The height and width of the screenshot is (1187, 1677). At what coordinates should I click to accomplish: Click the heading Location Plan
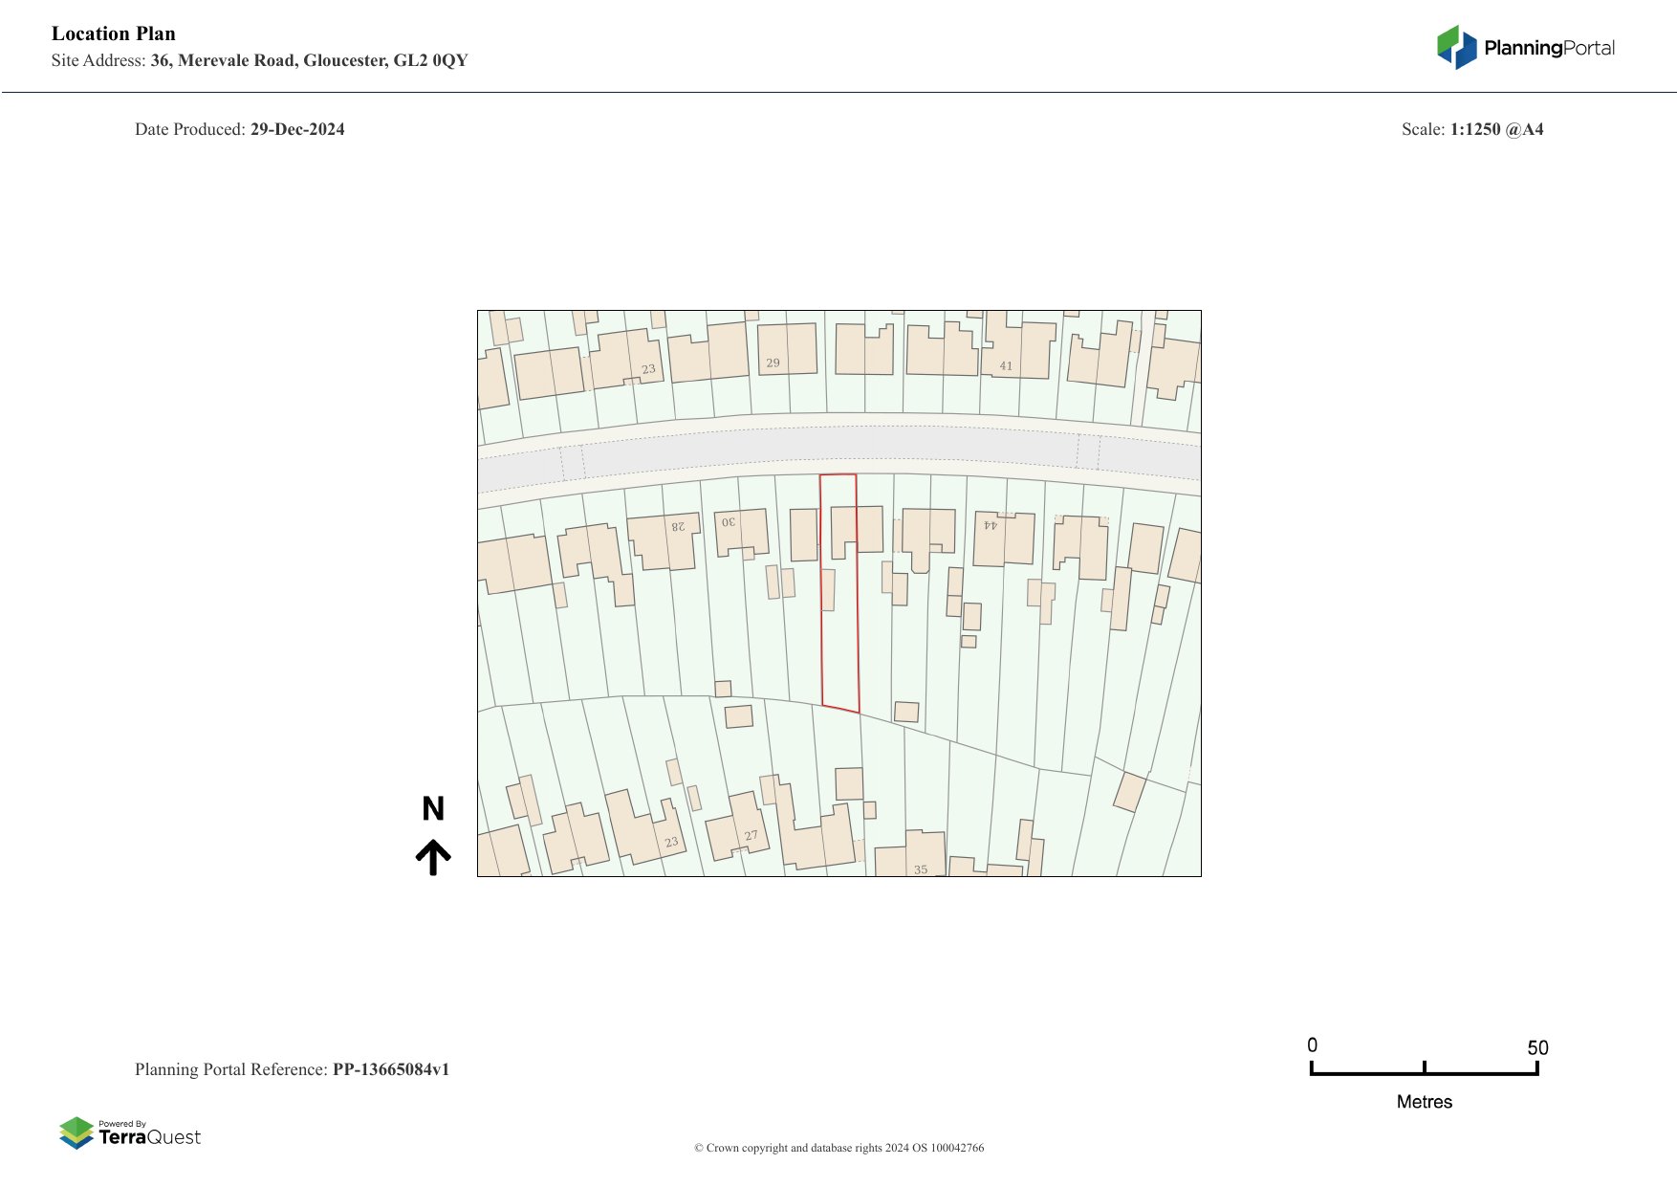114,33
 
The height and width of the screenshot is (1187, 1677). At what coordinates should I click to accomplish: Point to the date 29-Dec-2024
297,129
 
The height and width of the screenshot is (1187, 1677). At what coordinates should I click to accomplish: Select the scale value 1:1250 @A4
1496,129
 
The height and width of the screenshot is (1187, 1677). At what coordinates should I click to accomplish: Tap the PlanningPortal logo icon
1456,47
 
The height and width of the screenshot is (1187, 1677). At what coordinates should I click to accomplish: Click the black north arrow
433,857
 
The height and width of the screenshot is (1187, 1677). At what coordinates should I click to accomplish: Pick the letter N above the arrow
433,809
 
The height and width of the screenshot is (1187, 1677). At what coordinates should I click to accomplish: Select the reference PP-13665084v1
391,1069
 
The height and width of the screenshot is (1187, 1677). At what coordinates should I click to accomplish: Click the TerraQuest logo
130,1132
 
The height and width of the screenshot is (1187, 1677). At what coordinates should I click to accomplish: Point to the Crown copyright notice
838,1148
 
